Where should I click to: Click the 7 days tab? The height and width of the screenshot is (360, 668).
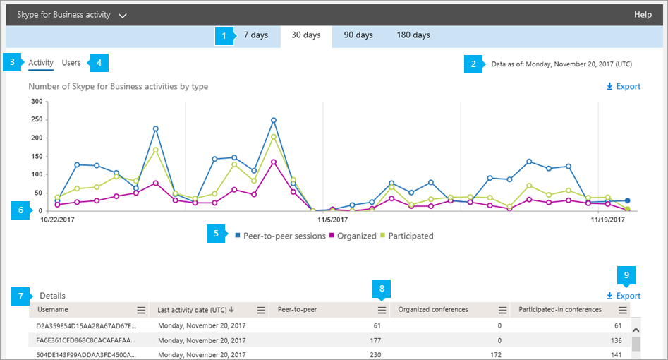255,35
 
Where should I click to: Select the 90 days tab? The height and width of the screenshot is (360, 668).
358,35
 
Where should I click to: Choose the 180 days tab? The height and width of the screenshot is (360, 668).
413,35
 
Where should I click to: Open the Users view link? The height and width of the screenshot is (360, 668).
71,63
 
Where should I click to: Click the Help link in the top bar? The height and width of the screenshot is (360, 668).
643,14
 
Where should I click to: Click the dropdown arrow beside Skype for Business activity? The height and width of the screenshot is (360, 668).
123,15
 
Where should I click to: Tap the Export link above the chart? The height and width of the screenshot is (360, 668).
624,87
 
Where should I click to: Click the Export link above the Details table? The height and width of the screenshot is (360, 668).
624,296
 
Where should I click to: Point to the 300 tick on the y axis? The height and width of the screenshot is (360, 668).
35,101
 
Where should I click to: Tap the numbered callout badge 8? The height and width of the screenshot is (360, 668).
382,288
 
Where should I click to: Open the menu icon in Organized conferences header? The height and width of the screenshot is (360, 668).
502,310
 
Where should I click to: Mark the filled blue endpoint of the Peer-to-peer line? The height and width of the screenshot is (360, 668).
628,201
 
